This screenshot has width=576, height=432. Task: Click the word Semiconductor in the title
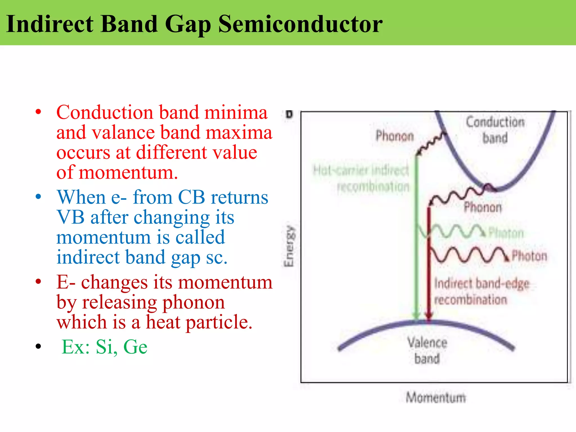[300, 24]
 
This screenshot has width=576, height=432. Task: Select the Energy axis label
[289, 246]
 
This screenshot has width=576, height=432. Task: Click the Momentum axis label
[436, 397]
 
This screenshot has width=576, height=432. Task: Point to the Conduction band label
[495, 130]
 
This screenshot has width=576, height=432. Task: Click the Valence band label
[427, 350]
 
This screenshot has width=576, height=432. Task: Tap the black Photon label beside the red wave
[529, 256]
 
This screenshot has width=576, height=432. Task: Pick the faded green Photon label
[506, 233]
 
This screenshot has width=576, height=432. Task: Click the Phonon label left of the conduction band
[395, 136]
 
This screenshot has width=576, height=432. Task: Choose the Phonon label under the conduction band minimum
[483, 207]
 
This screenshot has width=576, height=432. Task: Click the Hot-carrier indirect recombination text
[361, 178]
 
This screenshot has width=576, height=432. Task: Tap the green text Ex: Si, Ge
[104, 347]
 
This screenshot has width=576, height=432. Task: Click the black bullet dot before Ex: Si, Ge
[39, 346]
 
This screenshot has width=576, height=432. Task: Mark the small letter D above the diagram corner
[289, 114]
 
